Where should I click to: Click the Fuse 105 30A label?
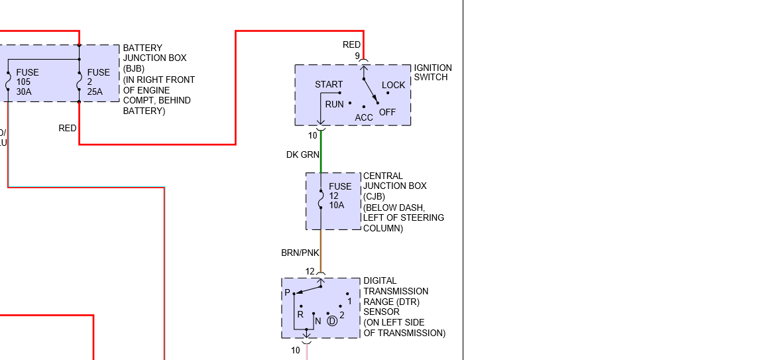pyautogui.click(x=27, y=82)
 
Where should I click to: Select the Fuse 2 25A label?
pyautogui.click(x=99, y=82)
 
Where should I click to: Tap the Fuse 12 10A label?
pyautogui.click(x=340, y=196)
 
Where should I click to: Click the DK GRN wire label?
pyautogui.click(x=302, y=154)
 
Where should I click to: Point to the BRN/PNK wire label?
pyautogui.click(x=300, y=253)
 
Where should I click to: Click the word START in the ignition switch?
pyautogui.click(x=329, y=84)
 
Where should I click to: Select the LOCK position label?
pyautogui.click(x=393, y=85)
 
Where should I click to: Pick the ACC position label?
pyautogui.click(x=364, y=117)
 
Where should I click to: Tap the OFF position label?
pyautogui.click(x=387, y=112)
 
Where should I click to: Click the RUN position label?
pyautogui.click(x=334, y=104)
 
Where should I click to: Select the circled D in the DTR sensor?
pyautogui.click(x=332, y=321)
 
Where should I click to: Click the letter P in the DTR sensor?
pyautogui.click(x=287, y=293)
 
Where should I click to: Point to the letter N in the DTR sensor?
pyautogui.click(x=318, y=321)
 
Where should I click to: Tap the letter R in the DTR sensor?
pyautogui.click(x=300, y=314)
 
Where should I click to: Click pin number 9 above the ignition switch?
pyautogui.click(x=357, y=56)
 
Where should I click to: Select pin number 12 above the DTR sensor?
pyautogui.click(x=310, y=271)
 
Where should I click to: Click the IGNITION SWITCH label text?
pyautogui.click(x=432, y=72)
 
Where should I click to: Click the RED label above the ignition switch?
pyautogui.click(x=351, y=44)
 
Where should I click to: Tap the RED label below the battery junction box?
pyautogui.click(x=68, y=128)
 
